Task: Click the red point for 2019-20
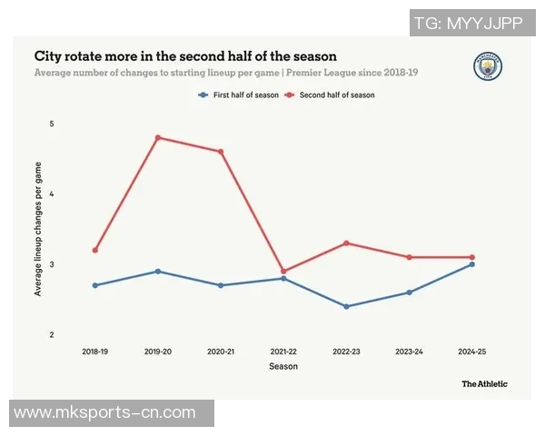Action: tap(158, 137)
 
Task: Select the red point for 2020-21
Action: tap(221, 152)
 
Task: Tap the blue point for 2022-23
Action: tap(346, 306)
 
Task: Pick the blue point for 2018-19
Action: tap(94, 285)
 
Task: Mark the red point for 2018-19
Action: tap(94, 250)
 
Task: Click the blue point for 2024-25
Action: tap(471, 264)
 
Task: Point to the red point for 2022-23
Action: tap(346, 243)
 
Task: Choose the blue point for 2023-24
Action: tap(409, 292)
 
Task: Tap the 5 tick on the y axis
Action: tap(52, 124)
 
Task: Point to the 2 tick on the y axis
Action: tap(52, 335)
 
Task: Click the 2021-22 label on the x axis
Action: tap(283, 351)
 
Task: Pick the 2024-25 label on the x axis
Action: tap(471, 351)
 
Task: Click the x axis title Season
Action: tap(283, 366)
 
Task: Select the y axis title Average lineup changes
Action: tap(38, 229)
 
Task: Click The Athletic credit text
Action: tap(484, 383)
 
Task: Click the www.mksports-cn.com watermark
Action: tap(105, 412)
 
